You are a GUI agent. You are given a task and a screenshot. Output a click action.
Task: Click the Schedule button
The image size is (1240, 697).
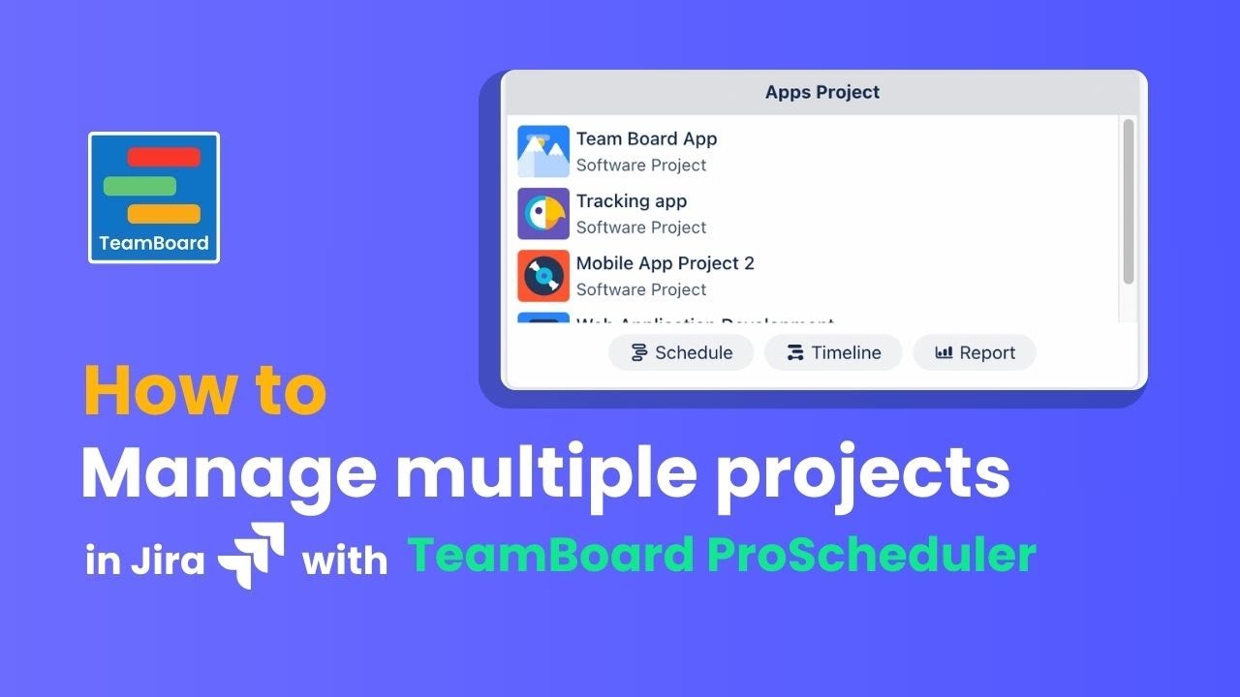[x=680, y=352]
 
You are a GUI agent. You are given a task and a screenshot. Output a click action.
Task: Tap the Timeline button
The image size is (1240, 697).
[x=833, y=352]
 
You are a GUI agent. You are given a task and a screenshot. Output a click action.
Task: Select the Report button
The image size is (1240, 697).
[x=975, y=352]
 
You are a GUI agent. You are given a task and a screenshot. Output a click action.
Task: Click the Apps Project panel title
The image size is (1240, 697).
[x=822, y=93]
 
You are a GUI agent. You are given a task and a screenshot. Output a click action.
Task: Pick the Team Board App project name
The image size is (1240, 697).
[x=646, y=138]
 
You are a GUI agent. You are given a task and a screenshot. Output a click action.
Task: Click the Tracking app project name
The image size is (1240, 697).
[x=631, y=201]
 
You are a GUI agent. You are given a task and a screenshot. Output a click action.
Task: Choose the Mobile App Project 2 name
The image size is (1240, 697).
[x=665, y=263]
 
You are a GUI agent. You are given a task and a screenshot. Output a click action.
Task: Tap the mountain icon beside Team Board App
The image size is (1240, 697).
[x=543, y=151]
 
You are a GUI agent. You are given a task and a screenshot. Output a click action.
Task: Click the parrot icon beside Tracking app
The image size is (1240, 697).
[x=543, y=214]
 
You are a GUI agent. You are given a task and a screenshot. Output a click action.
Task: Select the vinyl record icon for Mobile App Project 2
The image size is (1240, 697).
[x=543, y=276]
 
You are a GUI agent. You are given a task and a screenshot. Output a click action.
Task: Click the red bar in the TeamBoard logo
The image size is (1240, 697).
[x=164, y=157]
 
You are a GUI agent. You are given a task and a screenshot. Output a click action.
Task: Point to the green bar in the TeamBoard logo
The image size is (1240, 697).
[x=139, y=186]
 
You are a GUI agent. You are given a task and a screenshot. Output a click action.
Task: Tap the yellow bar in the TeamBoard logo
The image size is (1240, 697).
[x=164, y=214]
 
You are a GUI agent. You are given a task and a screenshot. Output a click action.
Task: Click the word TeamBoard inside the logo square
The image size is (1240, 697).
[x=154, y=243]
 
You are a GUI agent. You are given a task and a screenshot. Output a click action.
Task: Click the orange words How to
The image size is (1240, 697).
[x=205, y=390]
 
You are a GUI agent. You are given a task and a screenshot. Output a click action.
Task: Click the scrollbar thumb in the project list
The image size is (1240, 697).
[x=1128, y=201]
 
